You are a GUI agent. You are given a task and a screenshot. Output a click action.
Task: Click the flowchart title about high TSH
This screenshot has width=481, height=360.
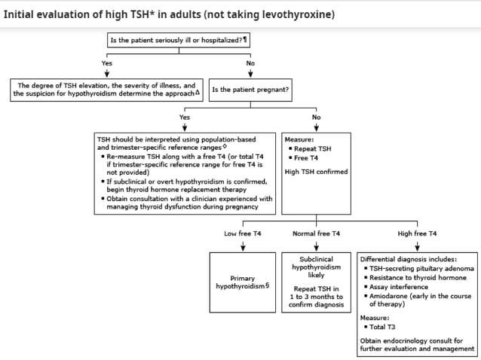coord(170,14)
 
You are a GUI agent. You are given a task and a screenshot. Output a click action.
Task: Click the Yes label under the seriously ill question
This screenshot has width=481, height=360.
coord(107,63)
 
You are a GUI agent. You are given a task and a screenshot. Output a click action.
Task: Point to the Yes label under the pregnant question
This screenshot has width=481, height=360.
coord(185,117)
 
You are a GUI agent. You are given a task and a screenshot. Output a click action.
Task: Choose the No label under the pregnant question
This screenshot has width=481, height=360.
coord(316,117)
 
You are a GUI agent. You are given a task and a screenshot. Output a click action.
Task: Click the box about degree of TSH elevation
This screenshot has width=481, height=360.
coord(106,90)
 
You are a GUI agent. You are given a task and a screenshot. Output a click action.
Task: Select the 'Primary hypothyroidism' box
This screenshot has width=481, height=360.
coord(243,282)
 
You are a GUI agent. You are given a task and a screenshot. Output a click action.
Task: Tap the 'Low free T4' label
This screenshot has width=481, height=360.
coord(243,234)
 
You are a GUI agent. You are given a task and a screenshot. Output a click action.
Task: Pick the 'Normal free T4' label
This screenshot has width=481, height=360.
coord(316,234)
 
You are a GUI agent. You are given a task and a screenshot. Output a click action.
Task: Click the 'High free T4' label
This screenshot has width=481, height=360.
coord(417,234)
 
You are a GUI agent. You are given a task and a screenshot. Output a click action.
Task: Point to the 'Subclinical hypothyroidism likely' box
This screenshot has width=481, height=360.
coord(316,267)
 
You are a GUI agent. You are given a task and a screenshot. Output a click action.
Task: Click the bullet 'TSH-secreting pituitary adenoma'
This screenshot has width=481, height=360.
coord(421,268)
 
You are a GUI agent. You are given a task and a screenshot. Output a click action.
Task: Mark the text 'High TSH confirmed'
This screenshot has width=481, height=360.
coord(316,172)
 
